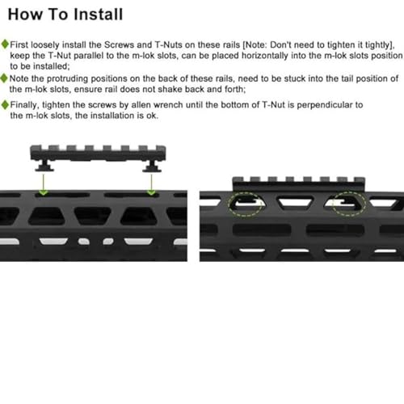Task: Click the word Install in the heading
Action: (x=98, y=14)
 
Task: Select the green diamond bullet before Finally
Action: (x=6, y=105)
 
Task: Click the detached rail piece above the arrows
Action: (x=97, y=154)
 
